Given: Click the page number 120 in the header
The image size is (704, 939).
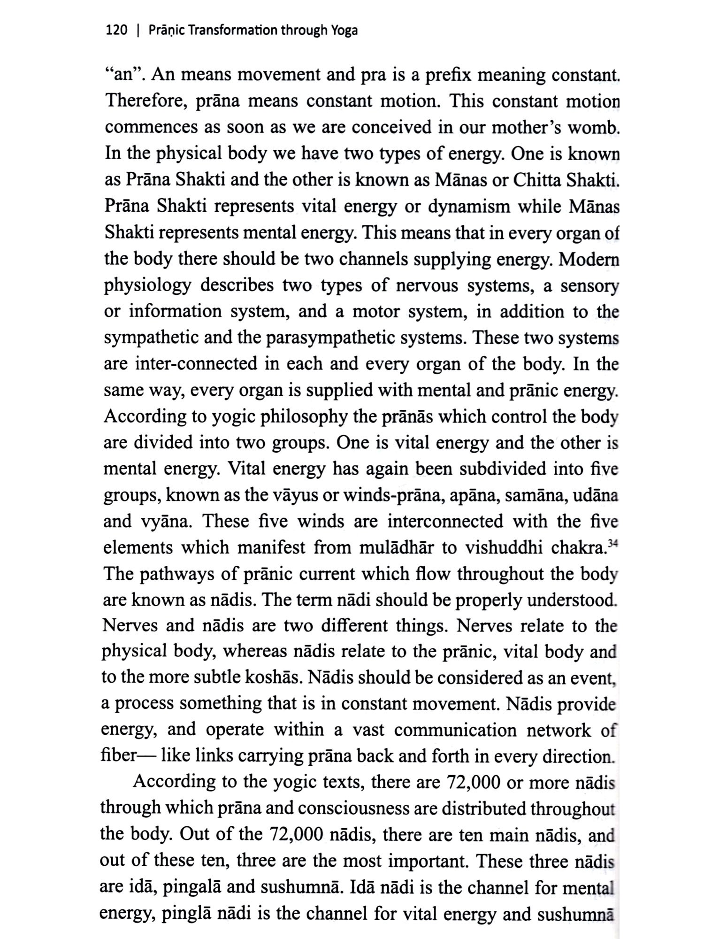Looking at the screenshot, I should [117, 31].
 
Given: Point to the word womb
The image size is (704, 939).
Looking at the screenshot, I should [593, 128].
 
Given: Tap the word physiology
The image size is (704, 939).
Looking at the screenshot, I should [147, 285].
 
